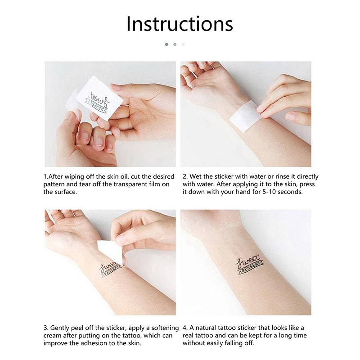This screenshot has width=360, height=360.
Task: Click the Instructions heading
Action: click(180, 24)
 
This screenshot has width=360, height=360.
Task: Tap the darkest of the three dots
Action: click(166, 44)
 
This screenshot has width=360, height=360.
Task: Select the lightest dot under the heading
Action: click(183, 44)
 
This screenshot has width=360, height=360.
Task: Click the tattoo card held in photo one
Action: click(100, 99)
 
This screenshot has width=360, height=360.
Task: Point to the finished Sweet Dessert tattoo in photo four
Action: click(250, 264)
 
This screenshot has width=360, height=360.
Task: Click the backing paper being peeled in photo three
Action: click(109, 252)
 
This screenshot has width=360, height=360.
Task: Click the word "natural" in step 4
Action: click(206, 328)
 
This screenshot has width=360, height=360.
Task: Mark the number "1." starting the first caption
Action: click(46, 176)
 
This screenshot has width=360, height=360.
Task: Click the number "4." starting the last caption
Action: click(185, 328)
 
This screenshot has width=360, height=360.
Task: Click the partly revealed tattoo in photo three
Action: click(110, 269)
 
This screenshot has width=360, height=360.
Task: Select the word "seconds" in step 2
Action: click(290, 192)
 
